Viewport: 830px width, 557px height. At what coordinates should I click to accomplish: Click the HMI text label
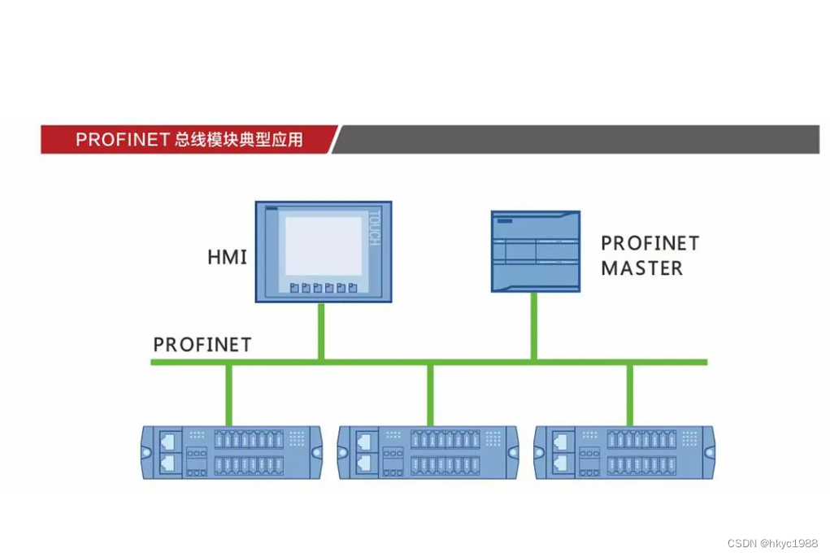click(227, 257)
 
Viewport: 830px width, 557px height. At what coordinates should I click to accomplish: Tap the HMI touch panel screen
click(324, 246)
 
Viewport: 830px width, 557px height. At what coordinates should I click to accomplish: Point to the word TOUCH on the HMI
click(374, 228)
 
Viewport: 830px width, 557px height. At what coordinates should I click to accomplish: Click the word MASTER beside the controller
click(641, 268)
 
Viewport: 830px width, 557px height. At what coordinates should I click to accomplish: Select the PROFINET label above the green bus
click(202, 345)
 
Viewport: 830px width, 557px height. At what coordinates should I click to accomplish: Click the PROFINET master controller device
click(536, 251)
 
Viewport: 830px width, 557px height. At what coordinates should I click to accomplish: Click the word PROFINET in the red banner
click(122, 140)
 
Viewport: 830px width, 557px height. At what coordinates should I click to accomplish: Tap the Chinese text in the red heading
click(239, 140)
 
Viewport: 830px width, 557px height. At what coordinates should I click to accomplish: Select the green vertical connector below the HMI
click(321, 332)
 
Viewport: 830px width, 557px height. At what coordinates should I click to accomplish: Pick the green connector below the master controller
click(534, 326)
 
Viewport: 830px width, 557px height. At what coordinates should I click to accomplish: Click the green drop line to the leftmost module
click(228, 395)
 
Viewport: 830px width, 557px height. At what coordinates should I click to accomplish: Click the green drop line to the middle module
click(430, 395)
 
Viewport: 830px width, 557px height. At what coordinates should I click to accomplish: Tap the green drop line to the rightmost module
click(630, 395)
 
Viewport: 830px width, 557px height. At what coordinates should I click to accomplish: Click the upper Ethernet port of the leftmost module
click(167, 441)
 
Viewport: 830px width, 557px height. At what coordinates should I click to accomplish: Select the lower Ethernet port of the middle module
click(364, 463)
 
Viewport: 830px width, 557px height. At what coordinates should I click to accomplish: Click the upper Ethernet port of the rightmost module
click(561, 441)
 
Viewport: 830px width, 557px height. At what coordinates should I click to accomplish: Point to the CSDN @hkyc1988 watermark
click(772, 543)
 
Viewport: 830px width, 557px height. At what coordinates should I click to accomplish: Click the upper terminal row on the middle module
click(445, 439)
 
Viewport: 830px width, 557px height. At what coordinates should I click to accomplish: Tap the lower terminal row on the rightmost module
click(641, 465)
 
